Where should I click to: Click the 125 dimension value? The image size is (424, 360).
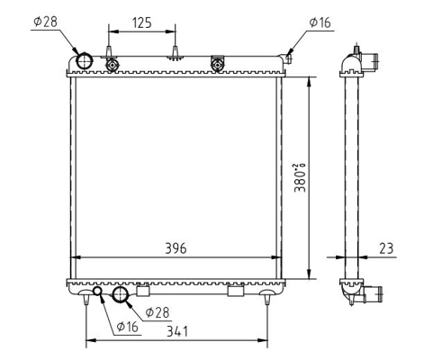142,22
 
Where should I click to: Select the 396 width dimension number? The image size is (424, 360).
176,248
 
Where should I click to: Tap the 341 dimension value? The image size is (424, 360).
177,331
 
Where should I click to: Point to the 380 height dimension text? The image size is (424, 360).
300,177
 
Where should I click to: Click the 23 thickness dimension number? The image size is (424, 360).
386,248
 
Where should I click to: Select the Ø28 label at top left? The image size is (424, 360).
45,22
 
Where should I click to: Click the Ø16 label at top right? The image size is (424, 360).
320,22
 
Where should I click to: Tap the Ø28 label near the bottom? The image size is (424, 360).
158,312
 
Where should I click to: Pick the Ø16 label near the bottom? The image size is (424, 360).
128,327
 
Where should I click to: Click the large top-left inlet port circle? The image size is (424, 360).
85,61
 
